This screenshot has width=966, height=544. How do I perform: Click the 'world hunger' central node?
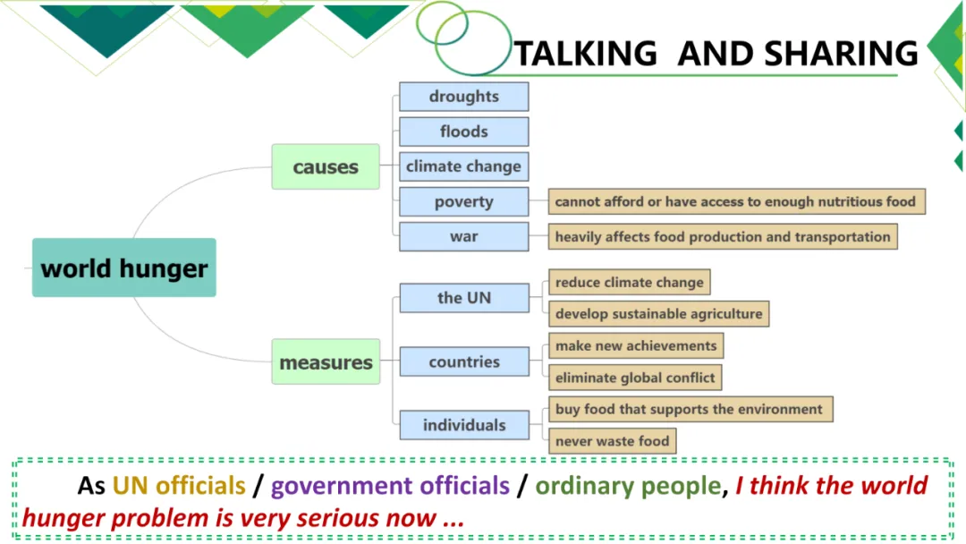124,268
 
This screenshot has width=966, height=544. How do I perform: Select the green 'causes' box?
326,167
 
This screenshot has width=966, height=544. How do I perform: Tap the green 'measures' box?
326,362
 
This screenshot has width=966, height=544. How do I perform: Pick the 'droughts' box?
463,97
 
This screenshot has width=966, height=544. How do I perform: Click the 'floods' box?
463,132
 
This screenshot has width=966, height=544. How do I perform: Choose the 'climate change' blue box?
463,166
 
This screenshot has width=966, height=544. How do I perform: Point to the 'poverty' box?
463,201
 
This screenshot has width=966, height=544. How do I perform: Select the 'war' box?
463,237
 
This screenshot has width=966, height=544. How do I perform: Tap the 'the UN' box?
463,298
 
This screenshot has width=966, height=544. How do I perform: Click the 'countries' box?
463,362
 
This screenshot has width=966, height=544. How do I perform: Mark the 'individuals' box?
463,425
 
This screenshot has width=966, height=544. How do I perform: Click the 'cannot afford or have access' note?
735,201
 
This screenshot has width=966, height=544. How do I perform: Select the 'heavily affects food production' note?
723,237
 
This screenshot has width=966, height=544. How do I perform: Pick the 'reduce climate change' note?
629,283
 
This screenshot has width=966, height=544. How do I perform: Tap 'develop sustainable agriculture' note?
658,314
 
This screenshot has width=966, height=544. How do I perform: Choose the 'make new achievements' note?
636,346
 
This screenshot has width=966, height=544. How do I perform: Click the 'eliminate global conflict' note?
635,378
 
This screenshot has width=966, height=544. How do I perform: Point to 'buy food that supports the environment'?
689,410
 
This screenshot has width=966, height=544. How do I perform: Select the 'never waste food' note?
612,441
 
